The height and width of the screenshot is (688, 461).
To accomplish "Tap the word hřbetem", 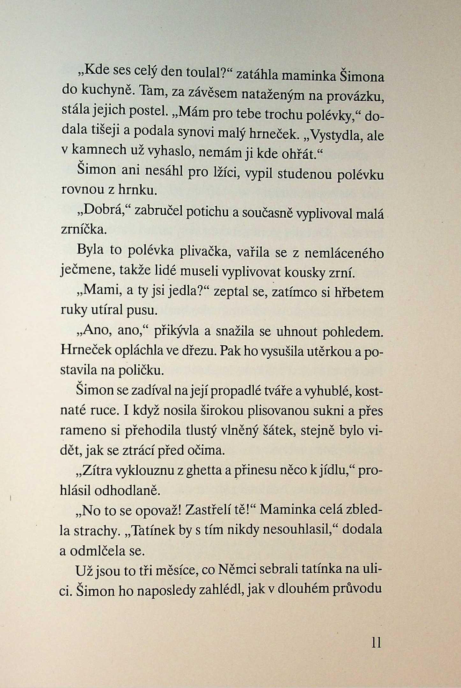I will [359, 293].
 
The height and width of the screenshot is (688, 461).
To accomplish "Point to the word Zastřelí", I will [209, 510].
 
